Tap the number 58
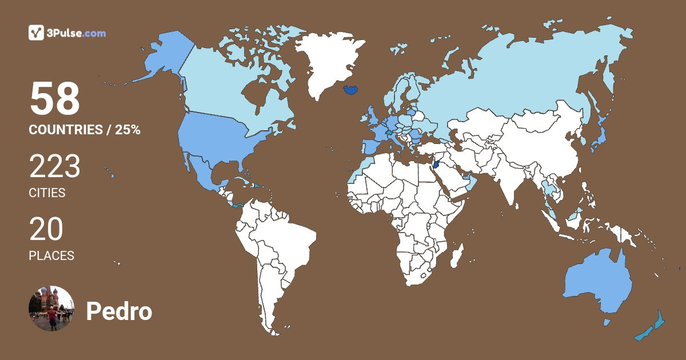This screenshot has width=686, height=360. (54, 99)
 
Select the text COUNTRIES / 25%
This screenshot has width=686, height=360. (84, 130)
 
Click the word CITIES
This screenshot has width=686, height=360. (47, 193)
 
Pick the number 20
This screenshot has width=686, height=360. (46, 230)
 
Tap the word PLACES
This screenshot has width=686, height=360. (51, 256)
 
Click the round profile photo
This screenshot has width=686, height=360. (51, 309)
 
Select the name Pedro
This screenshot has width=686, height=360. (119, 311)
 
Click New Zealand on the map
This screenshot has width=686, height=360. (652, 329)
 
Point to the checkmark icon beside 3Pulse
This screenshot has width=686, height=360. (37, 33)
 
